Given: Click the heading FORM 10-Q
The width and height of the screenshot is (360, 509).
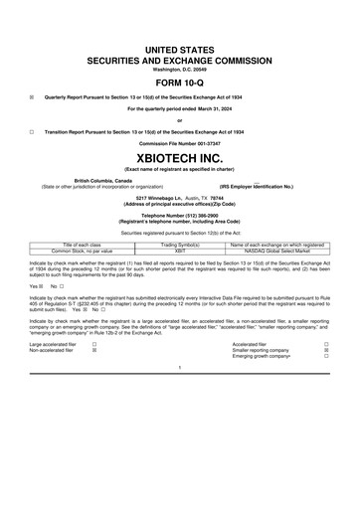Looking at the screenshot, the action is point(180,82).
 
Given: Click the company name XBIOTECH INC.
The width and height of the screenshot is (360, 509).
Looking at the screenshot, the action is point(180,159).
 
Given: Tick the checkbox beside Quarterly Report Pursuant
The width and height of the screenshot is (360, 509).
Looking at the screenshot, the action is point(32,97).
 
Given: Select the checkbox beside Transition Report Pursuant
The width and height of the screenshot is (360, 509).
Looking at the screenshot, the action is point(32,131).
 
